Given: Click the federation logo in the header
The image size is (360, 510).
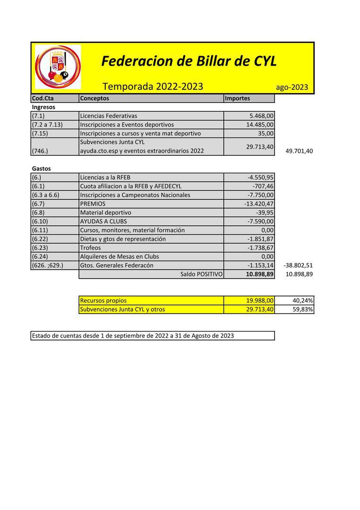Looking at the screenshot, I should (x=58, y=67).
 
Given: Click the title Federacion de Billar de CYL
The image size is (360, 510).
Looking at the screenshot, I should (x=189, y=61).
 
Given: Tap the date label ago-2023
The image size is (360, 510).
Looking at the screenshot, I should (x=292, y=87).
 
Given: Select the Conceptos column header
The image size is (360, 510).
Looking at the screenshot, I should (x=94, y=98).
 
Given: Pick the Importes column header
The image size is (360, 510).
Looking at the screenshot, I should (x=237, y=98).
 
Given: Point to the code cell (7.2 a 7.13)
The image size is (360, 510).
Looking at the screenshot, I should (x=47, y=125).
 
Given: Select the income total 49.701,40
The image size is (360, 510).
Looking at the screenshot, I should (x=299, y=151).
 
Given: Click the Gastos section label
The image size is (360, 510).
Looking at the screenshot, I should (x=42, y=169).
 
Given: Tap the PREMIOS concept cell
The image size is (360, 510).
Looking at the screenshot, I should (x=93, y=204).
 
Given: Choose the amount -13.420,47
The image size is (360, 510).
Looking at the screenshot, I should (x=258, y=204).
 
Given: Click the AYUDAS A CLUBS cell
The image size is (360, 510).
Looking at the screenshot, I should (x=103, y=221).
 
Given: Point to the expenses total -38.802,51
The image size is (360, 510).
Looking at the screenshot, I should (x=298, y=265).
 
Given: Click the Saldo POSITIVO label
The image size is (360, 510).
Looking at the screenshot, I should (x=201, y=274).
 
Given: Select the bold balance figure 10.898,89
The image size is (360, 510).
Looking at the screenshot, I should (x=260, y=274).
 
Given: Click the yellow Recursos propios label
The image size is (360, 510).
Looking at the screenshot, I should (x=103, y=300).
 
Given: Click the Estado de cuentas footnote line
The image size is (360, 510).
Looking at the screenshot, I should (x=133, y=336).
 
